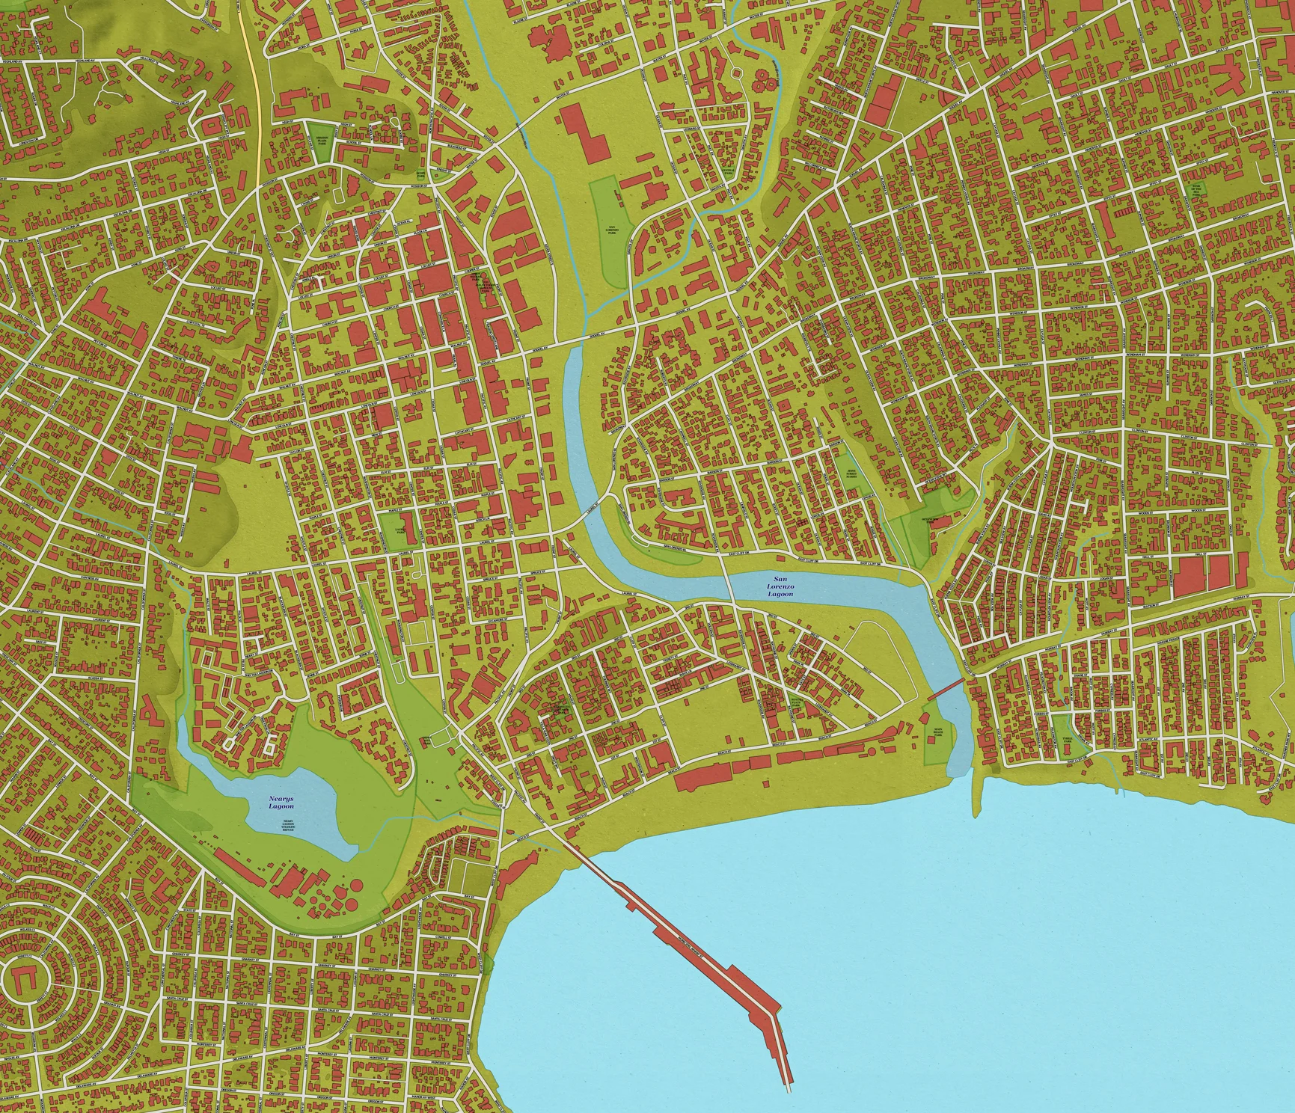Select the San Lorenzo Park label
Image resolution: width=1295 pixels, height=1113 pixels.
coord(612,230)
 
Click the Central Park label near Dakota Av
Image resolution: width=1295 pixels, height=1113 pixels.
coord(728,174)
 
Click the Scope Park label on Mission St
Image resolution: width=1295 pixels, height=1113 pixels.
coord(420,174)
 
